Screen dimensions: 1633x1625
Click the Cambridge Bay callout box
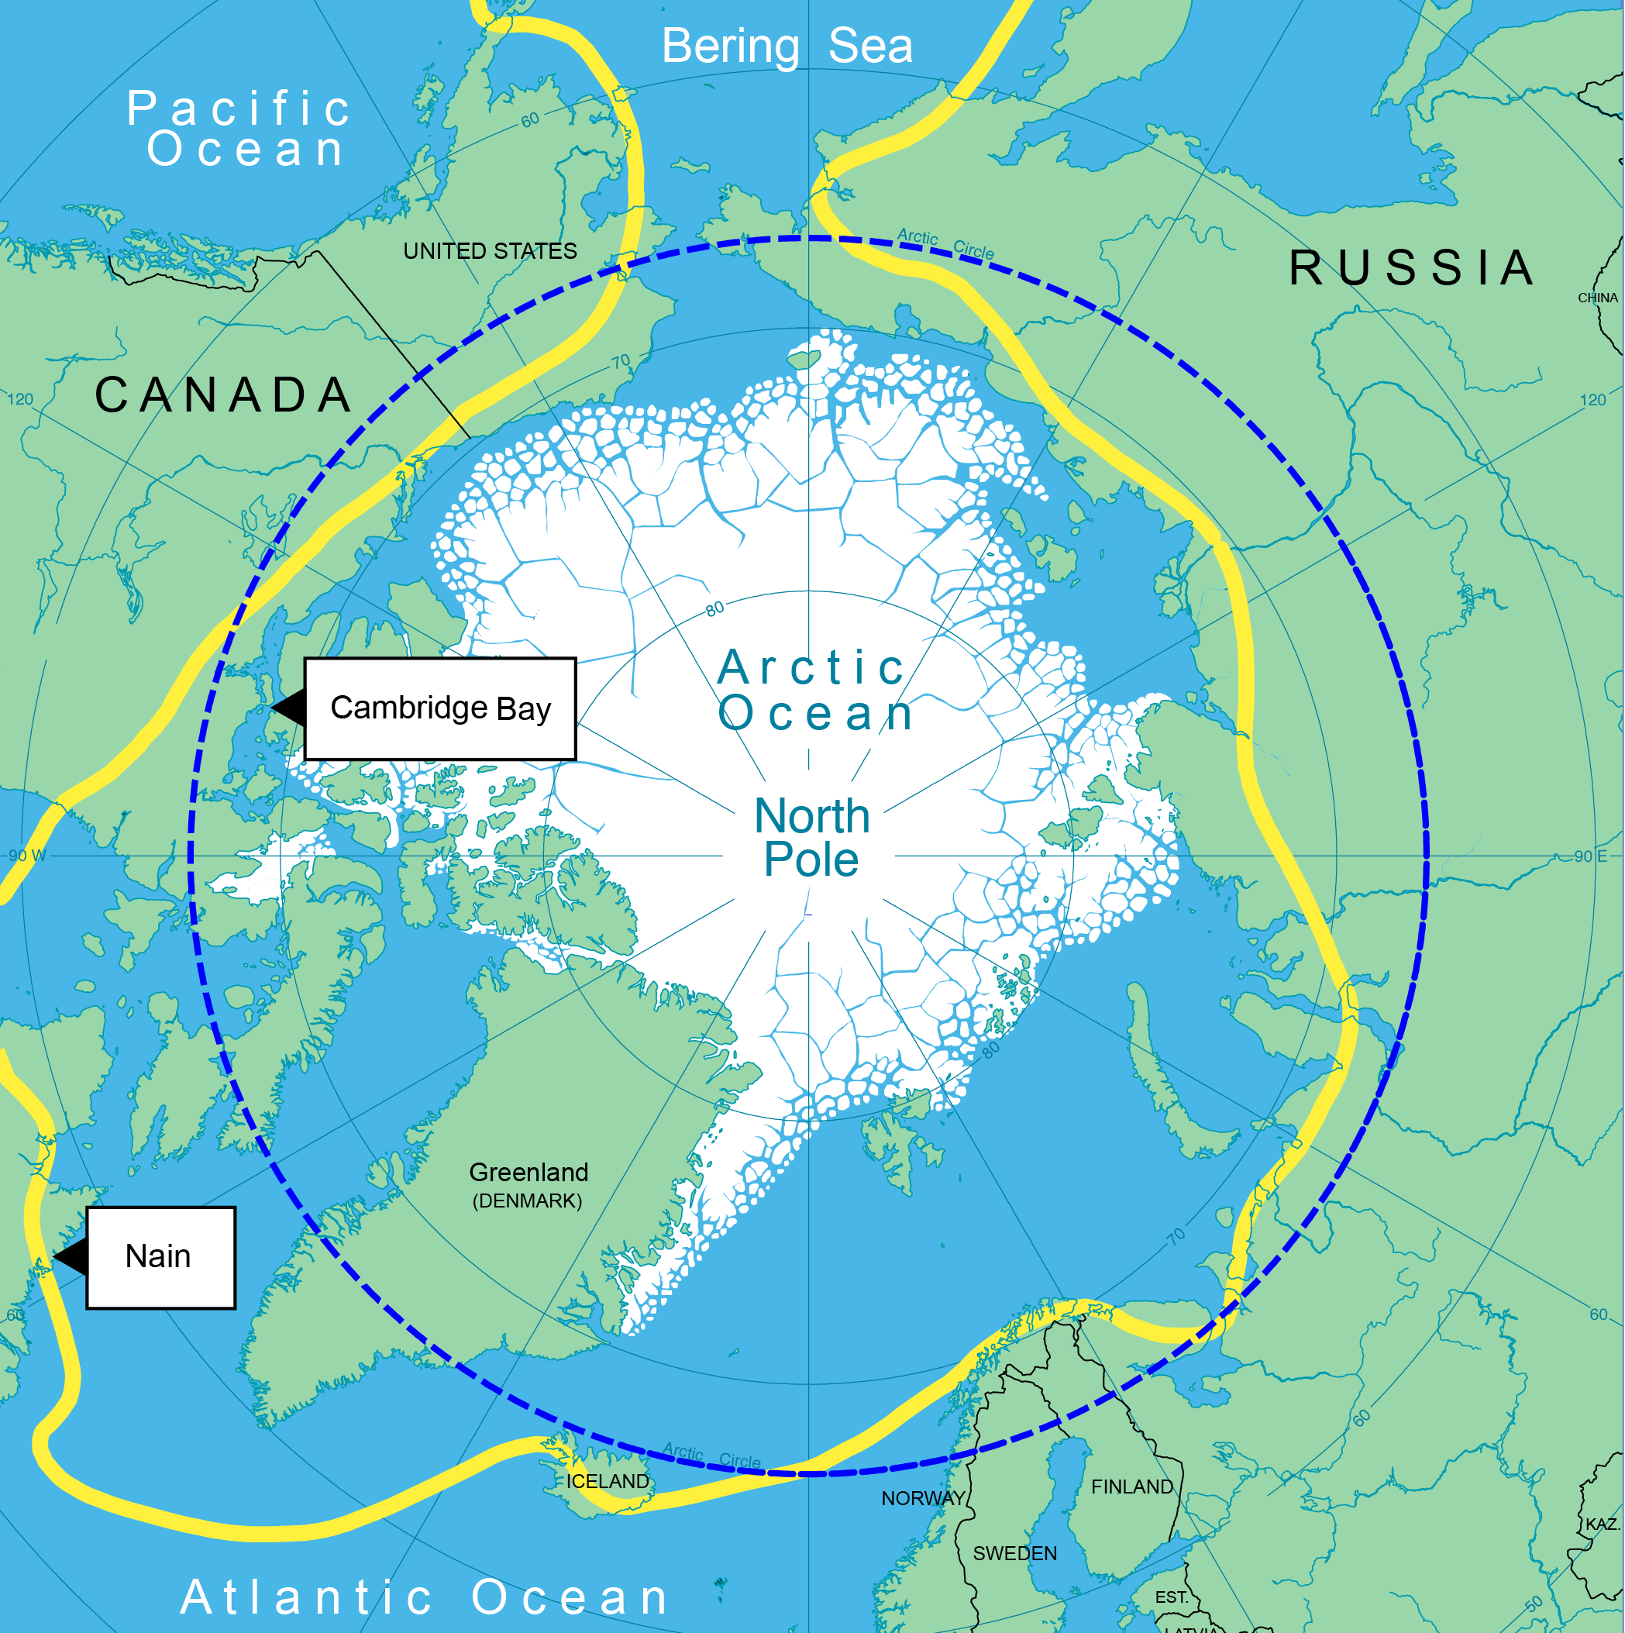click(x=440, y=708)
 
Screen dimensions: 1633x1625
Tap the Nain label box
click(x=160, y=1257)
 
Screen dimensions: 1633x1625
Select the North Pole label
click(x=811, y=838)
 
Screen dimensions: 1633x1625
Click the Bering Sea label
click(x=787, y=46)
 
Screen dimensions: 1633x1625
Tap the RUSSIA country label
click(x=1411, y=268)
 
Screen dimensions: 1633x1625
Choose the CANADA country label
click(x=223, y=394)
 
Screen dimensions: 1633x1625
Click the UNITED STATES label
click(x=490, y=251)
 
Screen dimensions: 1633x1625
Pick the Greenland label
click(x=528, y=1173)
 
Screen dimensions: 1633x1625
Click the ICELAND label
click(x=608, y=1482)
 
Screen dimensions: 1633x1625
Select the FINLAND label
click(x=1131, y=1487)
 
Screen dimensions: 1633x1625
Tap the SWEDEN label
click(x=1014, y=1553)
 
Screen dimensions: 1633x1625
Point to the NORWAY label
click(x=923, y=1499)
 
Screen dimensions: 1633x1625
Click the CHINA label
click(x=1597, y=298)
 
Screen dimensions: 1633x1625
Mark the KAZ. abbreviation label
click(x=1601, y=1524)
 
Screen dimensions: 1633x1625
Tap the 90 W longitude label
click(x=27, y=856)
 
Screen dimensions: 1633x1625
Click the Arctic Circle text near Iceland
click(x=711, y=1456)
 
